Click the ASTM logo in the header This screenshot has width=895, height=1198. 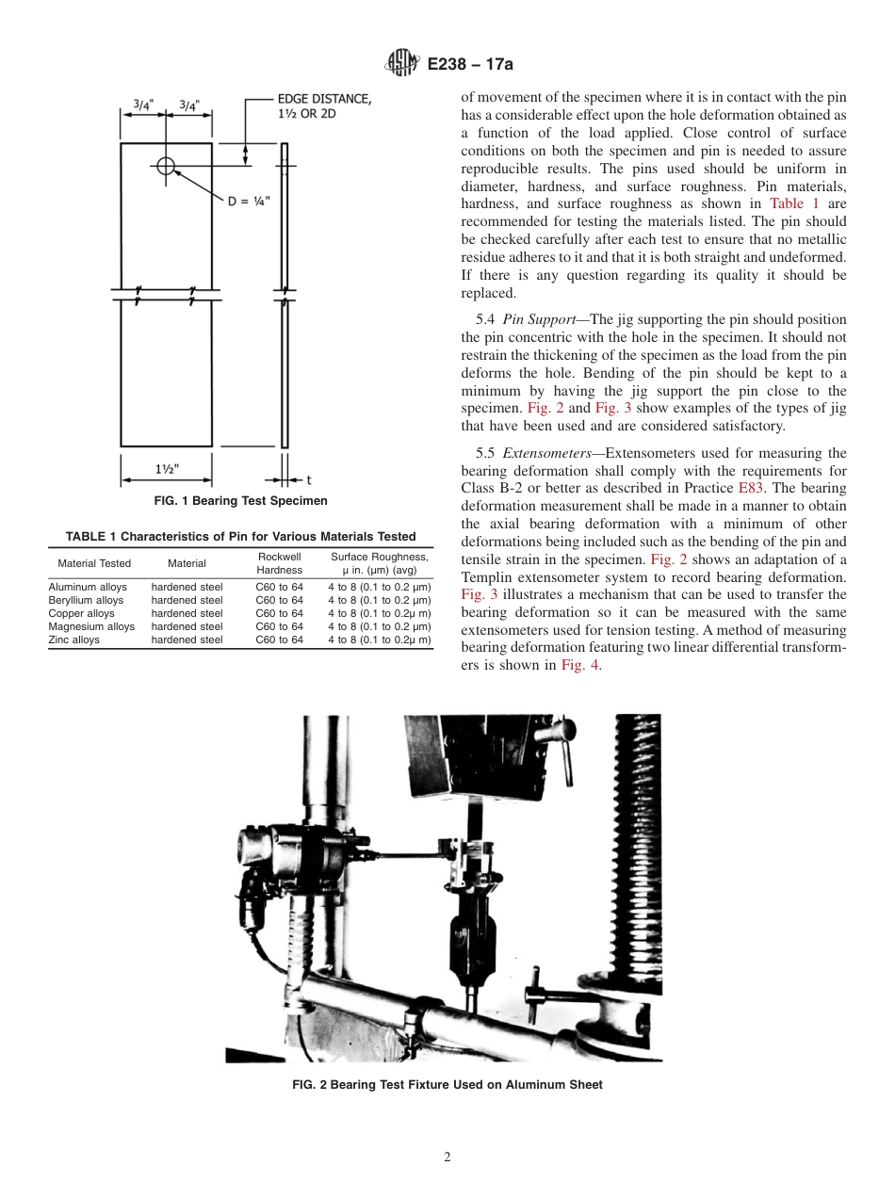[402, 63]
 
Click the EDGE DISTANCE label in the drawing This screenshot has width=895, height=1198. [323, 106]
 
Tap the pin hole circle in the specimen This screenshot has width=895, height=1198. [166, 167]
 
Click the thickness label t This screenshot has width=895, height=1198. [309, 479]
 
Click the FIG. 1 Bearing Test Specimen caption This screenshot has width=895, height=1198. [240, 501]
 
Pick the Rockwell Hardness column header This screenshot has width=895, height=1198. [279, 563]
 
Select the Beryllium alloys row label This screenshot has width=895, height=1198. [86, 600]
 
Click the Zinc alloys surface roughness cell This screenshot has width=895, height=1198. [379, 639]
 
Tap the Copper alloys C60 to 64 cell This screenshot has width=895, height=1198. [279, 613]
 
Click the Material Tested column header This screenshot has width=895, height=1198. [94, 563]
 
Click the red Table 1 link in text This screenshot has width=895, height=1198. [793, 203]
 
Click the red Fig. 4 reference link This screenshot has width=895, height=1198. [579, 665]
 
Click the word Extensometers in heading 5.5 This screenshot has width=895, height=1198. [546, 453]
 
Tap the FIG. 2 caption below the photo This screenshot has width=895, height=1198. [447, 1084]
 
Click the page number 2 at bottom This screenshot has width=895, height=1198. [447, 1158]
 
